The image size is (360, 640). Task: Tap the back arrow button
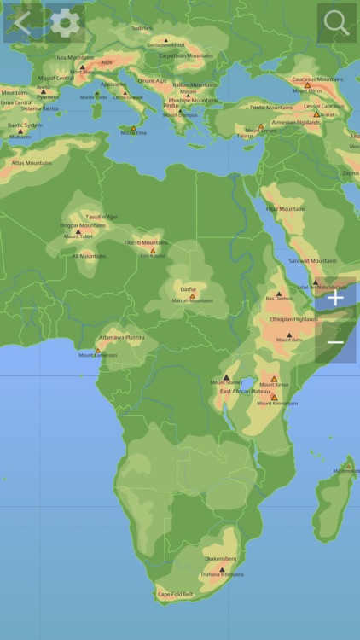[21, 22]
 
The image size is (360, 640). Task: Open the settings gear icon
[64, 22]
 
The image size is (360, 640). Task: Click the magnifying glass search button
[337, 22]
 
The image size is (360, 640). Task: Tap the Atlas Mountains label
[32, 162]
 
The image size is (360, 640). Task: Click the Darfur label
[188, 288]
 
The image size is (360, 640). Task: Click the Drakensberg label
[220, 559]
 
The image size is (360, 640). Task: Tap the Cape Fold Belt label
[175, 594]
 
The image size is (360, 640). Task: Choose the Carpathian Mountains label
[185, 55]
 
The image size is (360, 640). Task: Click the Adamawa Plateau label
[122, 337]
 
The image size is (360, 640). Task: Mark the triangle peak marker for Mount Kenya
[275, 379]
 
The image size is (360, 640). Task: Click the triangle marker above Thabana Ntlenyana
[222, 569]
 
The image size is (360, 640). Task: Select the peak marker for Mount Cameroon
[97, 350]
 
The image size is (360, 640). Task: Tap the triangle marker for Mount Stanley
[226, 377]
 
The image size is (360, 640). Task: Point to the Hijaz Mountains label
[285, 208]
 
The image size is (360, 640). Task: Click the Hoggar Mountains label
[83, 225]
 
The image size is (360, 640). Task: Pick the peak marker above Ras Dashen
[278, 294]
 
